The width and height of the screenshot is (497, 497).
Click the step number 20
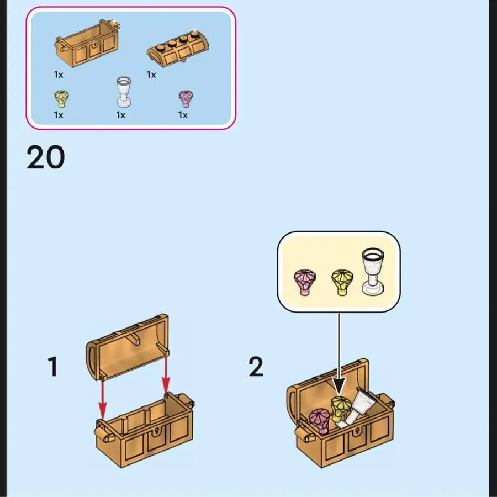click(x=46, y=158)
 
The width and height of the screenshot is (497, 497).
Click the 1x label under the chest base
click(x=59, y=74)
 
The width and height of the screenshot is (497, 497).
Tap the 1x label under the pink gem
click(x=183, y=115)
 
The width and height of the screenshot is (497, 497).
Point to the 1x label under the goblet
click(x=121, y=115)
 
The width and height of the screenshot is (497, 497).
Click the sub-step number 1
click(x=52, y=367)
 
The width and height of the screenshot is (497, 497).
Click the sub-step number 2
click(x=256, y=367)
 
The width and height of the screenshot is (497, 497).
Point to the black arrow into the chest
click(x=339, y=353)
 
